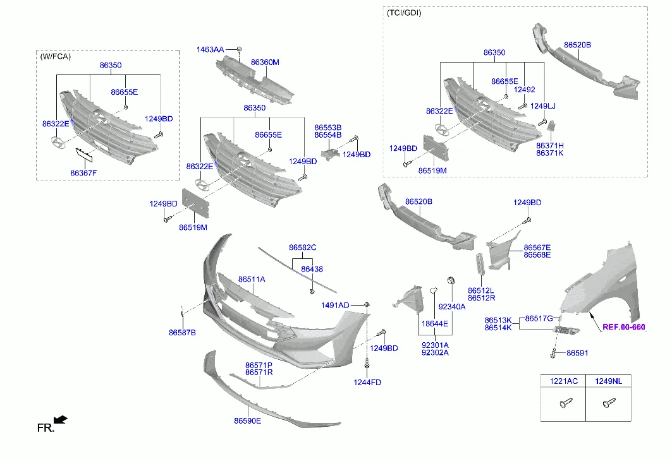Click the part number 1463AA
[x=209, y=49]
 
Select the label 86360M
[x=265, y=63]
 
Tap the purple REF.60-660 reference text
[x=623, y=327]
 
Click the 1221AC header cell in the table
[x=563, y=381]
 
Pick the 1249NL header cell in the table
[x=608, y=381]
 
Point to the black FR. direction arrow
[x=61, y=420]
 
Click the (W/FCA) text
[x=56, y=56]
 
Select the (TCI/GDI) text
[x=403, y=13]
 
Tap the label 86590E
[x=247, y=420]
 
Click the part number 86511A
[x=252, y=279]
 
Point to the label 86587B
[x=182, y=332]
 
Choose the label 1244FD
[x=367, y=382]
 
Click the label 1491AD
[x=335, y=306]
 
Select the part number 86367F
[x=83, y=172]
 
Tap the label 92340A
[x=451, y=306]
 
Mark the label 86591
[x=577, y=353]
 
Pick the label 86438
[x=312, y=269]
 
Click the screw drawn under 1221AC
[x=564, y=402]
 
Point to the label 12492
[x=524, y=90]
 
